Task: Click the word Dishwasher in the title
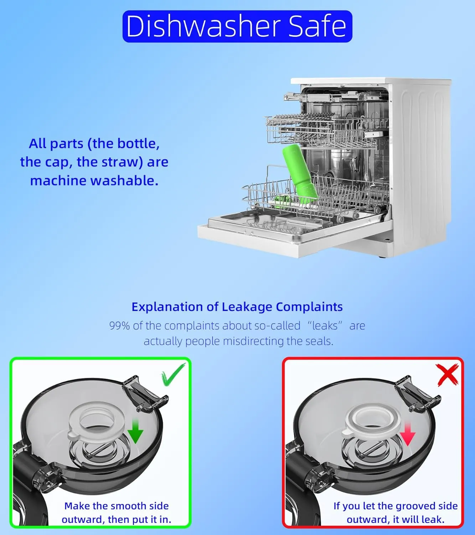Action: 203,26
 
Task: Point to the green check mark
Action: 174,375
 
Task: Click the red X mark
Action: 447,375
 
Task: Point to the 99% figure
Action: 119,326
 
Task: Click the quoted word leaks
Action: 325,326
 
